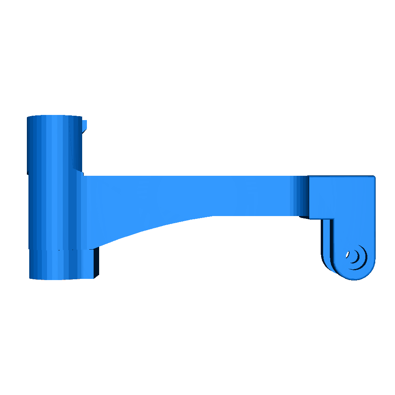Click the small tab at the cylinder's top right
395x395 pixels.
point(85,125)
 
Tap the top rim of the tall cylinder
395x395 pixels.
point(54,117)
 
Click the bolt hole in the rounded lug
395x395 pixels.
point(351,256)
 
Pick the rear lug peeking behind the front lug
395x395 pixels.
point(327,245)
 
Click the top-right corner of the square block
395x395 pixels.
point(374,177)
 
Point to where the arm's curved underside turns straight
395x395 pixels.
point(213,216)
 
